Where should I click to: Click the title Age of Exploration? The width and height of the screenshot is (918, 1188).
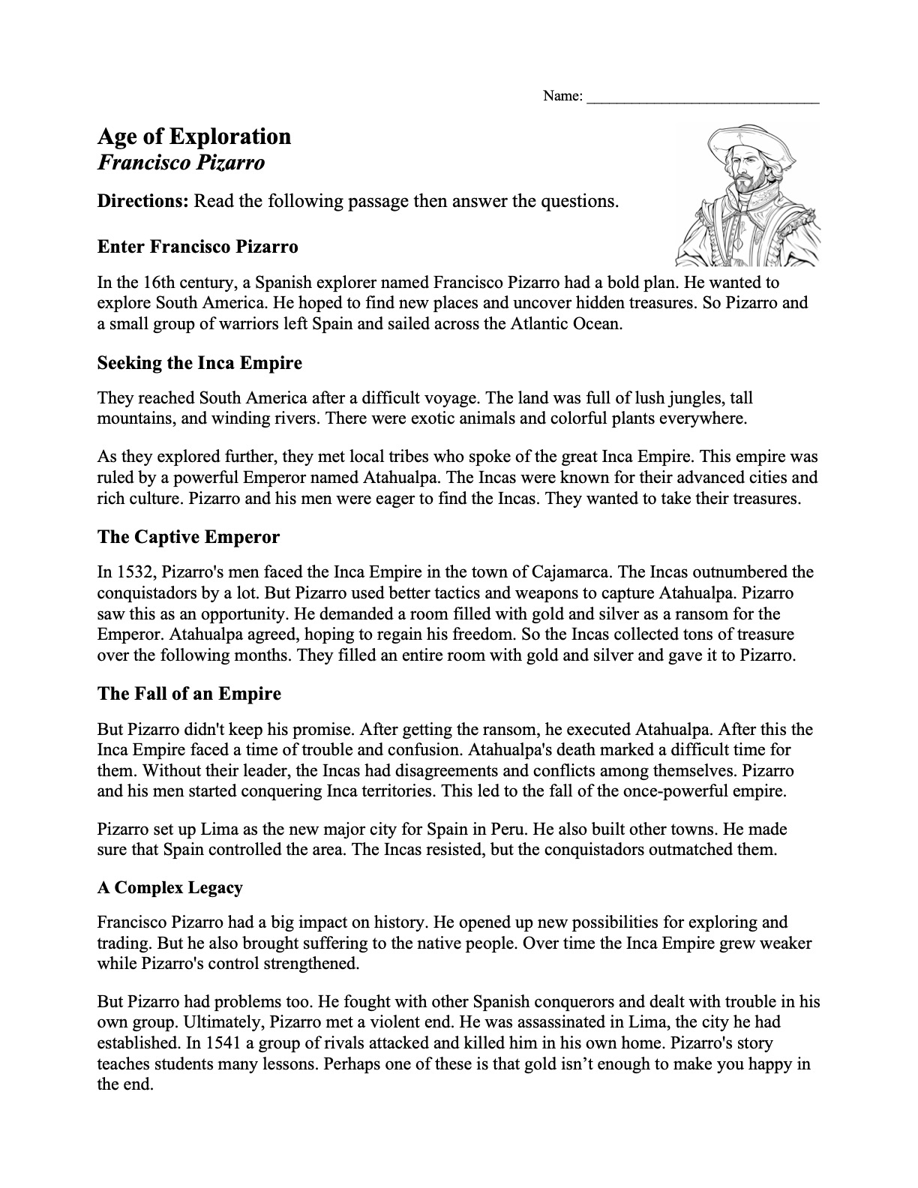[194, 136]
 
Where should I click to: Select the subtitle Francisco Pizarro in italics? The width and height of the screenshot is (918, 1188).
[181, 163]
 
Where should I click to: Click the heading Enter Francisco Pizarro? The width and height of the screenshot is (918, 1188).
[197, 247]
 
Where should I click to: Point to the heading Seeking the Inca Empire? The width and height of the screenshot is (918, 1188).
[199, 363]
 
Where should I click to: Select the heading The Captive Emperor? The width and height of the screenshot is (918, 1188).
[188, 537]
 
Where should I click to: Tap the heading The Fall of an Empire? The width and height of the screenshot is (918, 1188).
[189, 694]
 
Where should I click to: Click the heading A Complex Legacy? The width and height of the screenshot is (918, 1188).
[169, 888]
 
